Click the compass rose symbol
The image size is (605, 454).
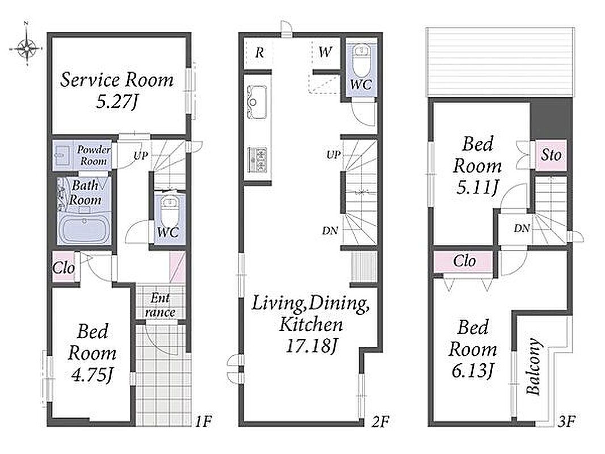[26, 48]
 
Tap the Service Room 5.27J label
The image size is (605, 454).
[117, 91]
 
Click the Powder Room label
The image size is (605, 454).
[94, 155]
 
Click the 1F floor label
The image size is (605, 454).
[203, 421]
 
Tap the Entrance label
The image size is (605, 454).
[160, 305]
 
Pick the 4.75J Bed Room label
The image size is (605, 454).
[92, 352]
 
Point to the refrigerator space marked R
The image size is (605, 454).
[260, 52]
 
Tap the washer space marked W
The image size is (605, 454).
[325, 52]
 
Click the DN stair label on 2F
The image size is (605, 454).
[330, 230]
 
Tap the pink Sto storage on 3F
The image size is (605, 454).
[551, 155]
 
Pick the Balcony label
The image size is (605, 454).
[534, 367]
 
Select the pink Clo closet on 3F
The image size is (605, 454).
[464, 262]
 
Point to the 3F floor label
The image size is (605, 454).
[566, 421]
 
